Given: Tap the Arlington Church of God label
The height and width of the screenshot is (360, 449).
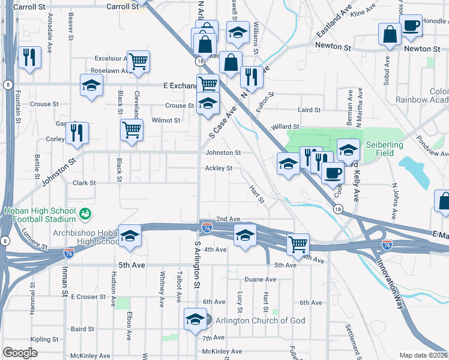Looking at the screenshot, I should point(257,320).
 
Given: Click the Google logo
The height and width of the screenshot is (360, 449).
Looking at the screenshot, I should point(20,353).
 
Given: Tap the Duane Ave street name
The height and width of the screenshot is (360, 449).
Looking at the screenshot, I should point(261,280).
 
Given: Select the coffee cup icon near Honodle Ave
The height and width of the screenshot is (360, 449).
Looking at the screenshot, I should point(411,26).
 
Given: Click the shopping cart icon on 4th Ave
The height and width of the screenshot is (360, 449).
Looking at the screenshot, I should point(298,244).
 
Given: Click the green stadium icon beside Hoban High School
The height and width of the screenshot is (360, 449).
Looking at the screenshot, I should point(85,213).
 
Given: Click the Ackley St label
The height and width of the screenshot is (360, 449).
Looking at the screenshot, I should point(218,169).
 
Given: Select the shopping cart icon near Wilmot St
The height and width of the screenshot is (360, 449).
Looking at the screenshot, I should point(131,129).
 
